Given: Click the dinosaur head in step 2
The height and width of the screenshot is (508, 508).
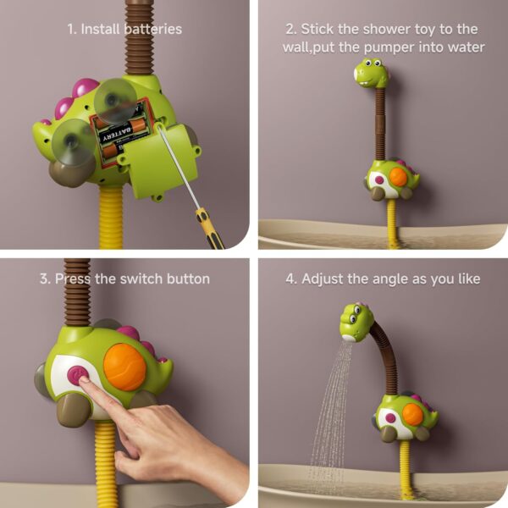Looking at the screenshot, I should [x=371, y=74].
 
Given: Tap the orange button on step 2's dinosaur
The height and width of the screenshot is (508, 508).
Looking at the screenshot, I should [x=398, y=177].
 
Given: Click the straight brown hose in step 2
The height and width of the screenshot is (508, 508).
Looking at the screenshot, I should [x=380, y=123].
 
